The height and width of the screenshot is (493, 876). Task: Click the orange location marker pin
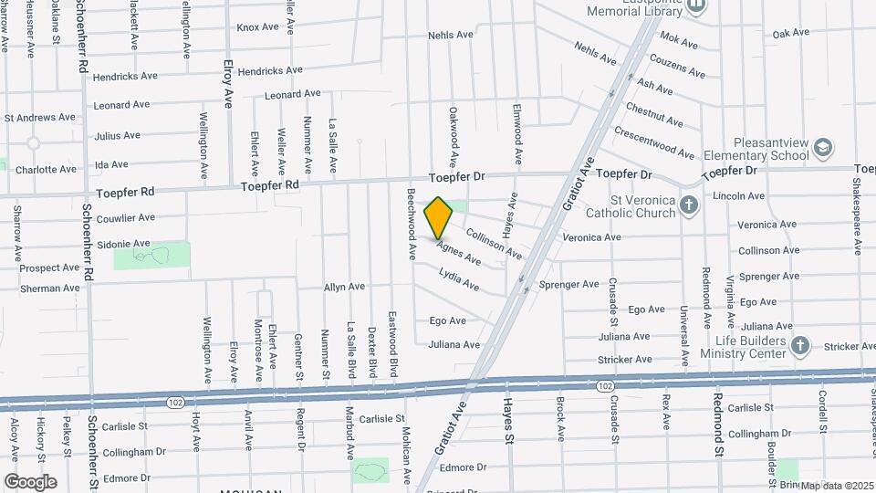[439, 217]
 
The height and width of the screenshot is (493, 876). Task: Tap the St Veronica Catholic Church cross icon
[689, 205]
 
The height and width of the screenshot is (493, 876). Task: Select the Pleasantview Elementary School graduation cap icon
[823, 148]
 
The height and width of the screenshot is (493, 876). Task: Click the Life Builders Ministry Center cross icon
[799, 345]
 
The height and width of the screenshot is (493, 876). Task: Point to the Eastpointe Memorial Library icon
[696, 5]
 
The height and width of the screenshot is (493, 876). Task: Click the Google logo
[30, 481]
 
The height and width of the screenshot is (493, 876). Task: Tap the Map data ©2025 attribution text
[837, 486]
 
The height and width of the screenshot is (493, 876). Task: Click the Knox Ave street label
[257, 27]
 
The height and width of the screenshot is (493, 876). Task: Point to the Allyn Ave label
[344, 287]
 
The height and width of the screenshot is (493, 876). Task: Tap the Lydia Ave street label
[459, 279]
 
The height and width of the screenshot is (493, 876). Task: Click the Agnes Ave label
[458, 252]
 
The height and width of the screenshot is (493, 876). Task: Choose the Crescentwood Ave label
[654, 142]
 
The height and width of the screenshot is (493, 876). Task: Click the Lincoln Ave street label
[738, 196]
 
